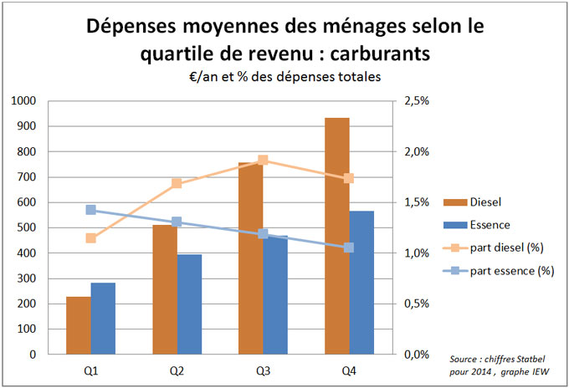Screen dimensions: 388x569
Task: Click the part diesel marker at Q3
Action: [263, 161]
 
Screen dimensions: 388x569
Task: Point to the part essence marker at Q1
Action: [90, 210]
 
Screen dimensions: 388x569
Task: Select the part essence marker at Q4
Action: [349, 248]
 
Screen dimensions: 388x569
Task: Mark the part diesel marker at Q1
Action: [90, 238]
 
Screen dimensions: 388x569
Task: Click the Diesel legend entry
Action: [486, 202]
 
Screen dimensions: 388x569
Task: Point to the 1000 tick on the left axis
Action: [24, 101]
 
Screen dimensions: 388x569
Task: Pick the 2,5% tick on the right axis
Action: [416, 101]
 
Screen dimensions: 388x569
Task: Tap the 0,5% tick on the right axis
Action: [416, 304]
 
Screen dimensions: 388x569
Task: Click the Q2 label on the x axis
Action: [177, 369]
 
